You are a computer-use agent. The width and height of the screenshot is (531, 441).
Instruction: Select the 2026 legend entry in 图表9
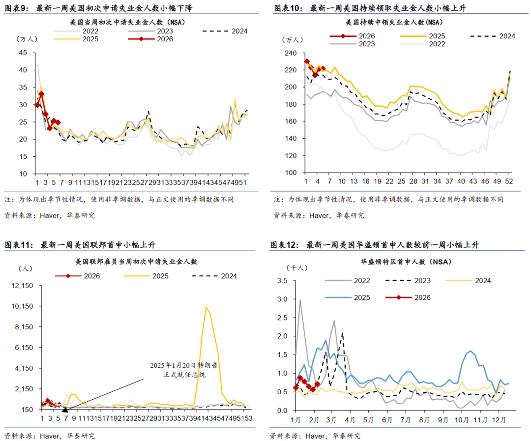pyautogui.click(x=151, y=39)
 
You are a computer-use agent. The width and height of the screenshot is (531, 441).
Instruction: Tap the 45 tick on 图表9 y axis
pyautogui.click(x=23, y=53)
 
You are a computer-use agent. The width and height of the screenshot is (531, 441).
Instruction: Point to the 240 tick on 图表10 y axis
pyautogui.click(x=290, y=53)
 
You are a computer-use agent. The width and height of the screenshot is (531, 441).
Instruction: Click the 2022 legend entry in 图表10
pyautogui.click(x=423, y=44)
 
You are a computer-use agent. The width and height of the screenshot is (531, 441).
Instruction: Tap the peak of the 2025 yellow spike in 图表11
pyautogui.click(x=206, y=307)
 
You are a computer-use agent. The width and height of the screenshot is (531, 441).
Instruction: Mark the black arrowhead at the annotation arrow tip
pyautogui.click(x=64, y=408)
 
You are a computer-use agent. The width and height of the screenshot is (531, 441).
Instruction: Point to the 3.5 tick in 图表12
pyautogui.click(x=282, y=281)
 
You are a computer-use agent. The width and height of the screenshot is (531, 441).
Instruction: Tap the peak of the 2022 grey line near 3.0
pyautogui.click(x=300, y=300)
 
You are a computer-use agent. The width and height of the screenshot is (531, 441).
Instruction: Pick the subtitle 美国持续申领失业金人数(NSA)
pyautogui.click(x=394, y=22)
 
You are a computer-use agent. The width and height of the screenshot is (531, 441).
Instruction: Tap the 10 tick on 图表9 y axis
pyautogui.click(x=23, y=174)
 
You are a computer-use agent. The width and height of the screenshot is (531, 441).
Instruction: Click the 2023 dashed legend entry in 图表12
pyautogui.click(x=408, y=281)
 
